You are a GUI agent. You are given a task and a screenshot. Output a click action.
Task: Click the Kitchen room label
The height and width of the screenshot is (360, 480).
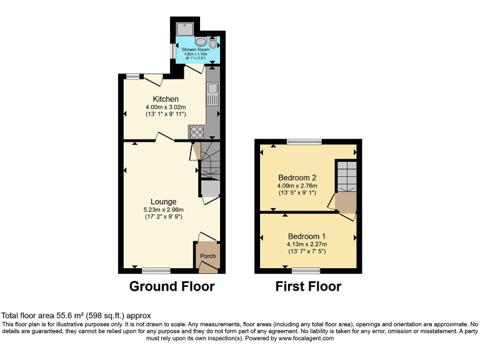(x=166, y=99)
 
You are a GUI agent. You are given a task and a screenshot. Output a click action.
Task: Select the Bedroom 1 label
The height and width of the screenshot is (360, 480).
(x=306, y=236)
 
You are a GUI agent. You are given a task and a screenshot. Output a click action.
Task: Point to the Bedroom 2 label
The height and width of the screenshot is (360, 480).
(x=297, y=177)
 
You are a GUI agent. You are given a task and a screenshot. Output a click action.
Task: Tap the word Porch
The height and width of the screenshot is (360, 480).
(x=207, y=256)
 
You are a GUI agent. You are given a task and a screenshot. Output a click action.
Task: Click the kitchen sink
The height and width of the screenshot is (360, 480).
(x=212, y=94)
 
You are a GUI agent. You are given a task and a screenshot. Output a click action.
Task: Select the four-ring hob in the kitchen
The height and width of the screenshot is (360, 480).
(x=196, y=131)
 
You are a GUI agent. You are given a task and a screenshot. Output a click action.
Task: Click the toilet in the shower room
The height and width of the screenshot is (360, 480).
(x=213, y=43)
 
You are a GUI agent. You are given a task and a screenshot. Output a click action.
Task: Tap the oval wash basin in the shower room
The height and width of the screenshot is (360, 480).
(x=201, y=42)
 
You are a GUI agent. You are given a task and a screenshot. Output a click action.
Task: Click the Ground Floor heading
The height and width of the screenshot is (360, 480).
(x=172, y=287)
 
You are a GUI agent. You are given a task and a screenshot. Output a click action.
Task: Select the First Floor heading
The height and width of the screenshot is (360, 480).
(x=308, y=287)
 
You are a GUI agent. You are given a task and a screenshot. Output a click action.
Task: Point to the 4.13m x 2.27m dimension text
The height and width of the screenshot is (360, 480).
(x=306, y=244)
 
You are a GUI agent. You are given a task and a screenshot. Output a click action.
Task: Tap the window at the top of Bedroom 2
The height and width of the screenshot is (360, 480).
(x=304, y=142)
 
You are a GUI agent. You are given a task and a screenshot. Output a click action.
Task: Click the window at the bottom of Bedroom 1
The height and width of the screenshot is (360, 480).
(x=306, y=271)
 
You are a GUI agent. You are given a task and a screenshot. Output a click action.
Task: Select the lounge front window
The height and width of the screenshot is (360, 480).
(x=156, y=271)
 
